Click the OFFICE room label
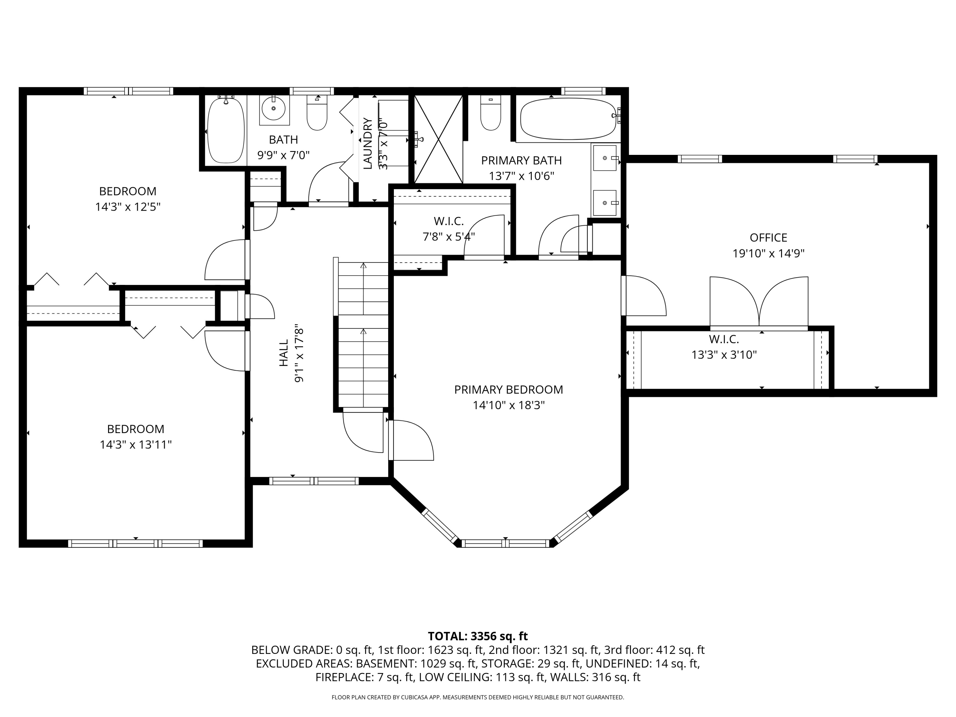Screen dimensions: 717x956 (x=768, y=237)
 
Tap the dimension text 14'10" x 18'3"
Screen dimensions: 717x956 (x=508, y=405)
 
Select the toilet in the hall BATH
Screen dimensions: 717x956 (x=317, y=113)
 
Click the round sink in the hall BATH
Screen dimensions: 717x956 (x=273, y=108)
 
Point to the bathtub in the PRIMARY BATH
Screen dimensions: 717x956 (x=568, y=119)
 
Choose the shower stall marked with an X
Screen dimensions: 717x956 (x=438, y=139)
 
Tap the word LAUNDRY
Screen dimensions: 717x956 (x=367, y=143)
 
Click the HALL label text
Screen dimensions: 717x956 (x=284, y=353)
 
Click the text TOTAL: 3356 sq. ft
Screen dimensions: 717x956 (x=478, y=636)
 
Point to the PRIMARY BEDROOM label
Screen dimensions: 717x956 (x=508, y=389)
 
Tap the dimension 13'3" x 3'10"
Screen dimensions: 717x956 (x=724, y=355)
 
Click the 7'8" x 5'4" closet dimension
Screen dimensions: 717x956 (x=449, y=236)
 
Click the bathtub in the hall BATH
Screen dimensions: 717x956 (x=226, y=130)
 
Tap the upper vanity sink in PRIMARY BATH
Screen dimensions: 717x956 (x=605, y=158)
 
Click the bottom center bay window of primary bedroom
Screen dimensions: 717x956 (x=505, y=543)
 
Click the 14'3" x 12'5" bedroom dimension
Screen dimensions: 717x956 (x=127, y=206)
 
